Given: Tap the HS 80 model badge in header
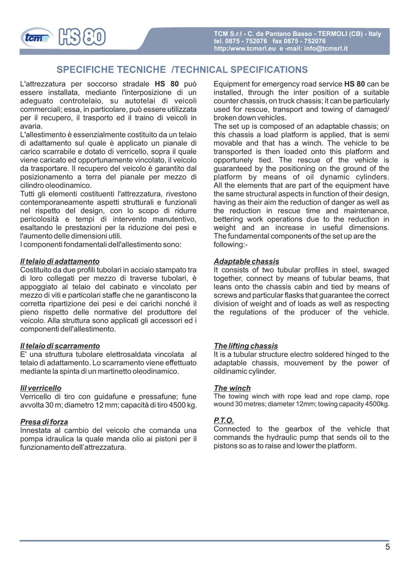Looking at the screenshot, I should point(82,37).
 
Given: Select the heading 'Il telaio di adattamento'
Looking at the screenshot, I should point(59,261).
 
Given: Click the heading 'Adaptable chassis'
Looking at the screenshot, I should point(246,261).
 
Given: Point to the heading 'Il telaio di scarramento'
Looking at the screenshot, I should point(59,346).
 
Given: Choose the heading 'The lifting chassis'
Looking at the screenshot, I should point(246,346).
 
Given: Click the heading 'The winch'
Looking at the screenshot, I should point(232,388).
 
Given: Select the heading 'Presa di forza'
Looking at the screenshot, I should point(44,422).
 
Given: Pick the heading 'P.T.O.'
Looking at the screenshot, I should point(224,420).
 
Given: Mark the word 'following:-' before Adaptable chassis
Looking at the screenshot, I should point(231,244).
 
